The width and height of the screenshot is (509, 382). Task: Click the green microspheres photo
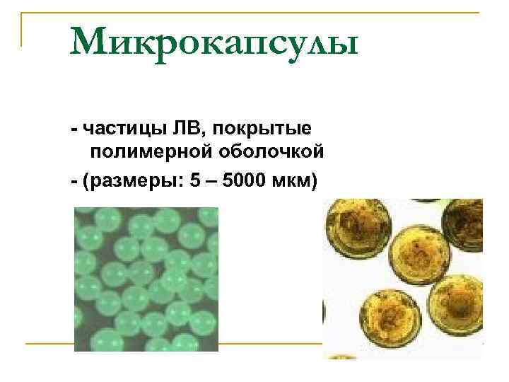coord(146,279)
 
